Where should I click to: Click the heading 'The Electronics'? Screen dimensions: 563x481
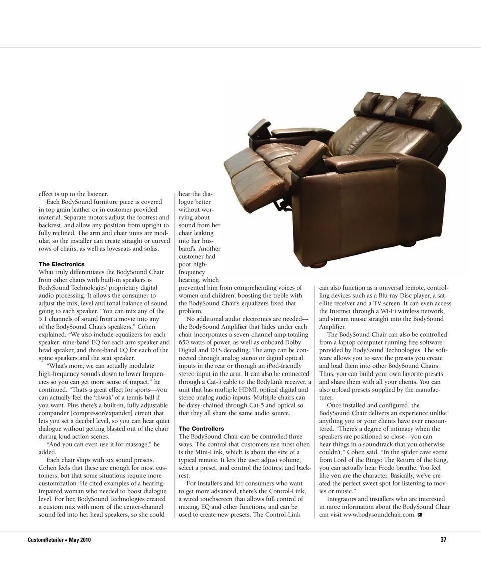pos(62,264)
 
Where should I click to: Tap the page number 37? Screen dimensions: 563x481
pos(443,540)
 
